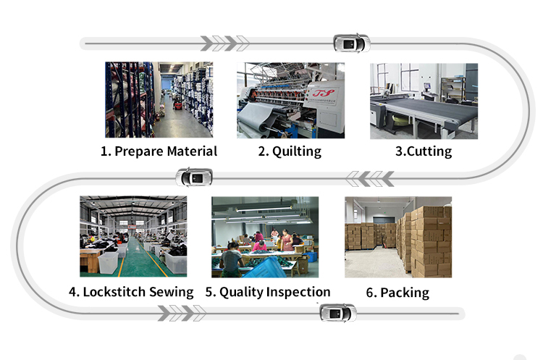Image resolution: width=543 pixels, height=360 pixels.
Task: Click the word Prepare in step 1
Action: [138, 151]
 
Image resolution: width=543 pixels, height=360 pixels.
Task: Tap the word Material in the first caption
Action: [192, 151]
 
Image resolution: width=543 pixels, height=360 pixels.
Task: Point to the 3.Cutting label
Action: [424, 151]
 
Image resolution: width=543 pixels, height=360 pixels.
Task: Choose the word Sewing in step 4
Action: [171, 292]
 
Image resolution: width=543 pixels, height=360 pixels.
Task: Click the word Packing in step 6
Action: [405, 293]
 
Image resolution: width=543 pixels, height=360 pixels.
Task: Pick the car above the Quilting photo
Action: [351, 43]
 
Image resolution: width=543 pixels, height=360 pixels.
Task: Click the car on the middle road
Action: [194, 177]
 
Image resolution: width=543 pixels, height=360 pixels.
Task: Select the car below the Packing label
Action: [337, 313]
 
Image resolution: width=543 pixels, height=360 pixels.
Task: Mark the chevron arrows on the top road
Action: [224, 43]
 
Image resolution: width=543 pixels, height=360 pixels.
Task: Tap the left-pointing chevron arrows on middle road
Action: [370, 179]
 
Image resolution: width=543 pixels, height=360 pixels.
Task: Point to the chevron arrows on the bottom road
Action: [182, 313]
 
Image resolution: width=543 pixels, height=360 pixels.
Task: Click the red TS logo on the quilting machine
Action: [324, 93]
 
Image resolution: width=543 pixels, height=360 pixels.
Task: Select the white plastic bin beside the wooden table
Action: [109, 263]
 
